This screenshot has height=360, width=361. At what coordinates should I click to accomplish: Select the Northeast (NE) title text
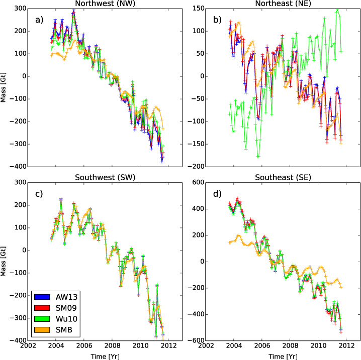pos(282,5)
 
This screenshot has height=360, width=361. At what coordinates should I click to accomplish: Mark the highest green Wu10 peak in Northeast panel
pos(337,9)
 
